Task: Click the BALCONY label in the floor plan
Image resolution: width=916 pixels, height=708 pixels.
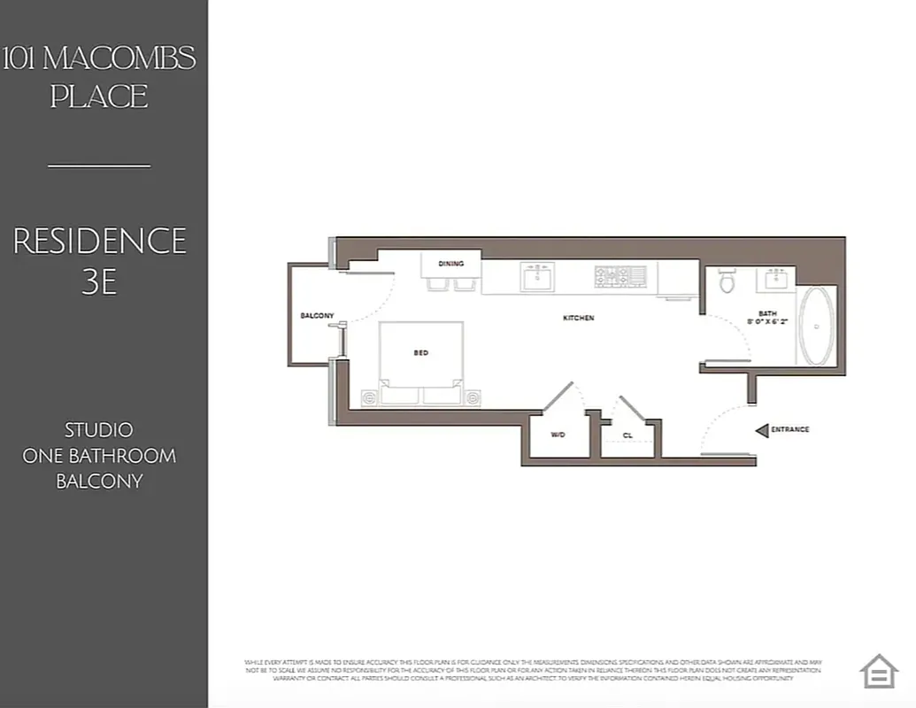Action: (x=317, y=316)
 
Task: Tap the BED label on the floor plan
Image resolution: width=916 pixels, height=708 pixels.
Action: (x=421, y=353)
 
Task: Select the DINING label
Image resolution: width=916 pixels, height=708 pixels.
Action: (x=451, y=264)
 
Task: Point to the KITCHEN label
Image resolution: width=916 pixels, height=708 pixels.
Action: (x=579, y=318)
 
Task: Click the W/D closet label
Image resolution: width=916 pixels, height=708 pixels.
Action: (x=558, y=435)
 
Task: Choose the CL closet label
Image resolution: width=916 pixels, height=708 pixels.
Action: (x=627, y=435)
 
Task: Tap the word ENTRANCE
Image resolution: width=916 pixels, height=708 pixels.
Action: (x=790, y=430)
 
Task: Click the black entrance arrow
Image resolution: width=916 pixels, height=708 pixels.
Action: (x=760, y=430)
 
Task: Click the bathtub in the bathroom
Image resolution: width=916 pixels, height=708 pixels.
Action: (x=816, y=327)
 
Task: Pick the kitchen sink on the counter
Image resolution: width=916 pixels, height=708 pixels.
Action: (x=537, y=278)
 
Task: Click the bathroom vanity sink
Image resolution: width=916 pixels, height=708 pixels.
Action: (x=774, y=280)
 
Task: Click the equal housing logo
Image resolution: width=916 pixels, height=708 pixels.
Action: (x=879, y=671)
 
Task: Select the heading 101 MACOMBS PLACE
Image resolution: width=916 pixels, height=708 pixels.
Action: (x=99, y=77)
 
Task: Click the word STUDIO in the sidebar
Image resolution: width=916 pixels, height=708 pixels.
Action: (x=99, y=430)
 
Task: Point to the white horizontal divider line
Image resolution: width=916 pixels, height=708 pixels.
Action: (x=99, y=165)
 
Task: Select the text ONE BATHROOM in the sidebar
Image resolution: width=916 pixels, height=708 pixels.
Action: (x=99, y=456)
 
